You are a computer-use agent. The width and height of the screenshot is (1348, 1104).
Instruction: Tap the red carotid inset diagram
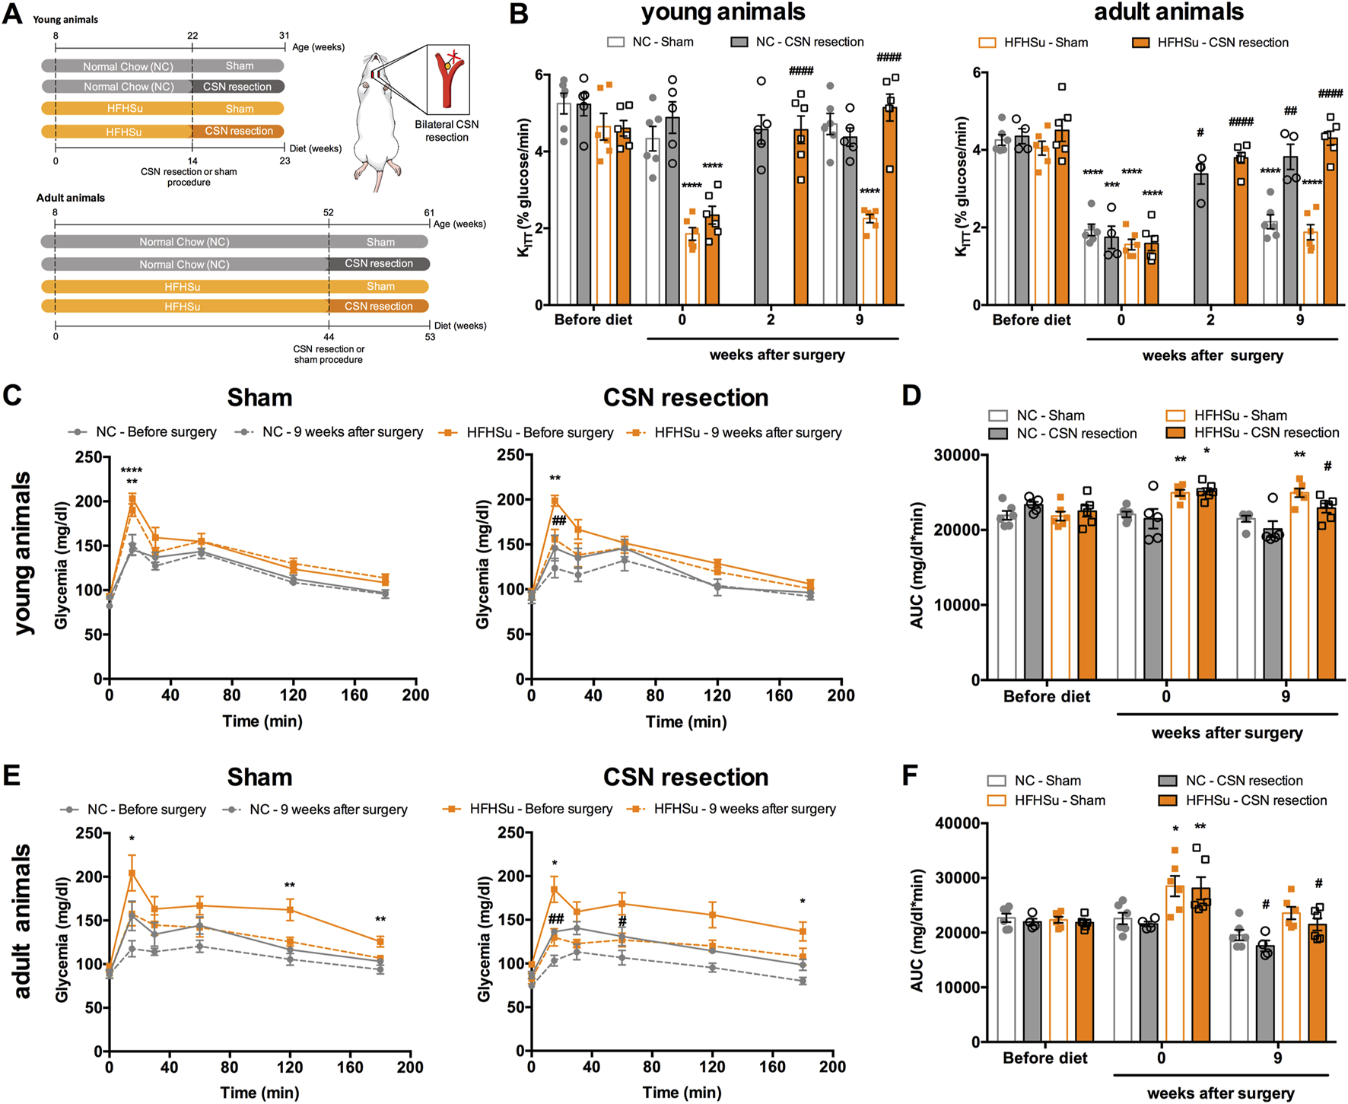click(448, 79)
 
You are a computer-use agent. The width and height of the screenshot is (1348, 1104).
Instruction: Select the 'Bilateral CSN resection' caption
click(447, 131)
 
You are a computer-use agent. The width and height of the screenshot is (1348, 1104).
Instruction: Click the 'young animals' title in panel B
click(723, 12)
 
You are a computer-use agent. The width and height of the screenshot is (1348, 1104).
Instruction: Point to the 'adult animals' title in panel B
click(1168, 12)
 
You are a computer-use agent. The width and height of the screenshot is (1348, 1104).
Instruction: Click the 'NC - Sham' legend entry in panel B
click(650, 42)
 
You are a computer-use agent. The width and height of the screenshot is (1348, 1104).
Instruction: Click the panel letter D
click(911, 396)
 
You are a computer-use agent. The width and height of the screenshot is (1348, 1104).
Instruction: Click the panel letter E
click(11, 775)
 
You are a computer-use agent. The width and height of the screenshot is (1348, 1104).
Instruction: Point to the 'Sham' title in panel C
click(259, 398)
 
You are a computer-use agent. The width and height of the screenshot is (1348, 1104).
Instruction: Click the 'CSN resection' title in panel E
click(685, 777)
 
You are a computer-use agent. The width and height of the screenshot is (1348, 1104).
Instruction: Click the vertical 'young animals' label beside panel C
click(23, 553)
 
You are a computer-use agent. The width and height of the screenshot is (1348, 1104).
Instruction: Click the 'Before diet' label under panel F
click(1044, 1058)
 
